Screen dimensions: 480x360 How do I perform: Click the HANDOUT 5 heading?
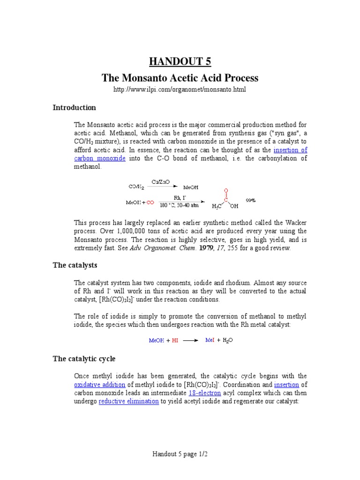[x=180, y=61]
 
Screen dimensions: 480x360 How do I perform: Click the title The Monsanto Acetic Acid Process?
[x=180, y=77]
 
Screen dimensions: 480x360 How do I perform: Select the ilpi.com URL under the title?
[x=180, y=89]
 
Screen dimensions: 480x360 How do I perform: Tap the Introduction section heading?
[x=74, y=107]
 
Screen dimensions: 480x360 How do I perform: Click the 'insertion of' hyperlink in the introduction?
[x=290, y=150]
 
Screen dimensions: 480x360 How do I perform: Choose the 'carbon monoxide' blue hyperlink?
[x=100, y=158]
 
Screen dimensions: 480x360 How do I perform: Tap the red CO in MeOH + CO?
[x=150, y=202]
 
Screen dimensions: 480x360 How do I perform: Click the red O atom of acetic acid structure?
[x=226, y=191]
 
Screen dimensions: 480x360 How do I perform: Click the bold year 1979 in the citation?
[x=206, y=248]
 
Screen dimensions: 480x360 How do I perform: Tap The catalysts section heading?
[x=75, y=265]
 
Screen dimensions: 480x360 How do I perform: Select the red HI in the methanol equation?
[x=174, y=341]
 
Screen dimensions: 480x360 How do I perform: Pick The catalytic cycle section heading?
[x=84, y=359]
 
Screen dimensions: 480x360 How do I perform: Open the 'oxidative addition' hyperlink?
[x=100, y=385]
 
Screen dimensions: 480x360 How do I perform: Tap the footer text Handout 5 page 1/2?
[x=180, y=454]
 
